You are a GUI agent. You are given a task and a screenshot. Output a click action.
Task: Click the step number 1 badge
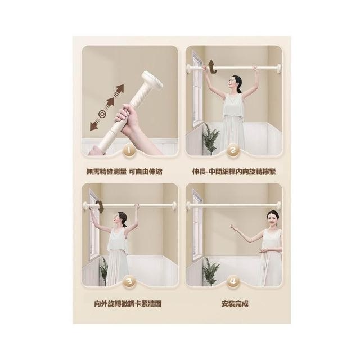coord(129,151)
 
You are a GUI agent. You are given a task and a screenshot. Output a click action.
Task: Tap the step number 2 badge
coord(233,151)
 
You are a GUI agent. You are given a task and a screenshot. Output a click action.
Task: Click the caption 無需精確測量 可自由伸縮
coord(124,172)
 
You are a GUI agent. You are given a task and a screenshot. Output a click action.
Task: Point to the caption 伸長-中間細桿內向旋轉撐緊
coord(234,172)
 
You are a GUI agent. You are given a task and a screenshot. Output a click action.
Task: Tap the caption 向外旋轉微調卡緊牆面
coord(128,304)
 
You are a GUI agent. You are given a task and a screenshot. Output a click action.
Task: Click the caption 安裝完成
coord(235,304)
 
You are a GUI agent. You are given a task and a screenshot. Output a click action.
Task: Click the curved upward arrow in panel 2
coord(212,66)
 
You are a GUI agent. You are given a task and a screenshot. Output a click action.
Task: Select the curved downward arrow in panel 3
coord(101,206)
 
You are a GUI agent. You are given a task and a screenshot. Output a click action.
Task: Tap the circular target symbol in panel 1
coord(102,114)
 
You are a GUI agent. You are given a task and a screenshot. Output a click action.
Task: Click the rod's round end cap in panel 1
coord(153,79)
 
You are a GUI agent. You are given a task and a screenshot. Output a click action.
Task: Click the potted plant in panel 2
coord(211,138)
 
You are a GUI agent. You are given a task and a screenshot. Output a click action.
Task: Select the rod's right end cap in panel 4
coord(279,206)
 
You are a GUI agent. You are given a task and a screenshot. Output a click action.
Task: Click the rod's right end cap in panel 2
coord(279,68)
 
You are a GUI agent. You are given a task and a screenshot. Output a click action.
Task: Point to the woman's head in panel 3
coord(121,219)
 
